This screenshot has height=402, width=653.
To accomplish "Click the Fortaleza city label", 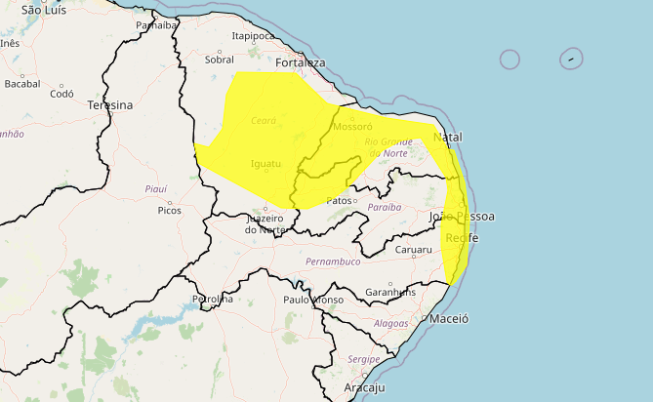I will pyautogui.click(x=300, y=62).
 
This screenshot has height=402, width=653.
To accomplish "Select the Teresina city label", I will pyautogui.click(x=109, y=104).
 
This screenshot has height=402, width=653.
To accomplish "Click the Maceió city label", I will pyautogui.click(x=449, y=319).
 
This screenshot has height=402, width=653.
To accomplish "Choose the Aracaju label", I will pyautogui.click(x=365, y=387).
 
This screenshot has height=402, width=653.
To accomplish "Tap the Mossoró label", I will pyautogui.click(x=352, y=127).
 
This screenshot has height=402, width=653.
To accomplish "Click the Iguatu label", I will pyautogui.click(x=265, y=163).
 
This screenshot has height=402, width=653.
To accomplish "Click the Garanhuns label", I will pyautogui.click(x=390, y=292).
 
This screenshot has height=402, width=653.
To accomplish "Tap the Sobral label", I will pyautogui.click(x=220, y=60).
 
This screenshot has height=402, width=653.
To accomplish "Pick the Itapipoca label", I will pyautogui.click(x=254, y=36).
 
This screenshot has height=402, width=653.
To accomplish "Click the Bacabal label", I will pyautogui.click(x=21, y=84).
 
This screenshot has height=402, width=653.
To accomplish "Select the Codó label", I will pyautogui.click(x=61, y=94).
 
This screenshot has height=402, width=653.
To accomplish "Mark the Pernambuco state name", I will pyautogui.click(x=333, y=261).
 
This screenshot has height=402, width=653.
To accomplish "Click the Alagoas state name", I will pyautogui.click(x=390, y=323).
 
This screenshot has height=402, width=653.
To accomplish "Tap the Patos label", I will pyautogui.click(x=339, y=201).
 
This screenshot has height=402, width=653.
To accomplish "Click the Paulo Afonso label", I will pyautogui.click(x=312, y=300).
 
